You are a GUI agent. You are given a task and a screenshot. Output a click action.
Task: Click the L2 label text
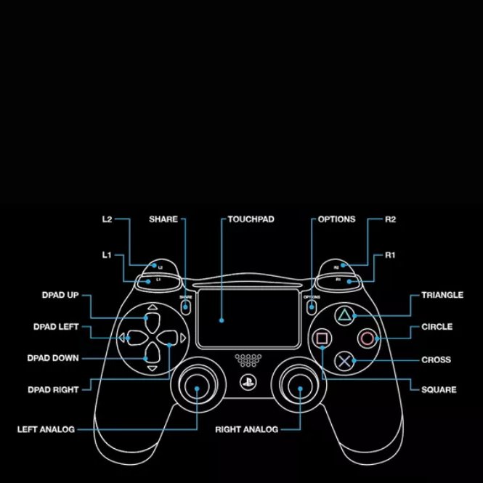coord(107,219)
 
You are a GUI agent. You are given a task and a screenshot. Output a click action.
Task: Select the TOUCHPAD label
coord(251,219)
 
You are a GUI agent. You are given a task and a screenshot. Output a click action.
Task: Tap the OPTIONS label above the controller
coord(336,219)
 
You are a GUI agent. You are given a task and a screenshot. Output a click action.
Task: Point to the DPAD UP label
coord(60,295)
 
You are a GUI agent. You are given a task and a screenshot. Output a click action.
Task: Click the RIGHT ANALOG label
coord(246,429)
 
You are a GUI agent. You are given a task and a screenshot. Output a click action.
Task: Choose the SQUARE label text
coord(439,390)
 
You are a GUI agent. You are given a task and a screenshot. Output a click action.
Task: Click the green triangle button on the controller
coord(343,316)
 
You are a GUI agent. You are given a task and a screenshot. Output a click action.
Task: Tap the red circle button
coord(368,338)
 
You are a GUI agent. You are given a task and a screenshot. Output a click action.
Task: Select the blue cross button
coord(344,360)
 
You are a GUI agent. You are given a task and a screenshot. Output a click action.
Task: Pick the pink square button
coord(321,338)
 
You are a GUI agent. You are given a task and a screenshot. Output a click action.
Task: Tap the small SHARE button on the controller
coord(187,306)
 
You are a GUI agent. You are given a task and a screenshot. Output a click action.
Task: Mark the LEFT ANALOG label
coord(46,429)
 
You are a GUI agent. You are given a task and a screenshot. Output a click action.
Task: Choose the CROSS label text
coord(436,360)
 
